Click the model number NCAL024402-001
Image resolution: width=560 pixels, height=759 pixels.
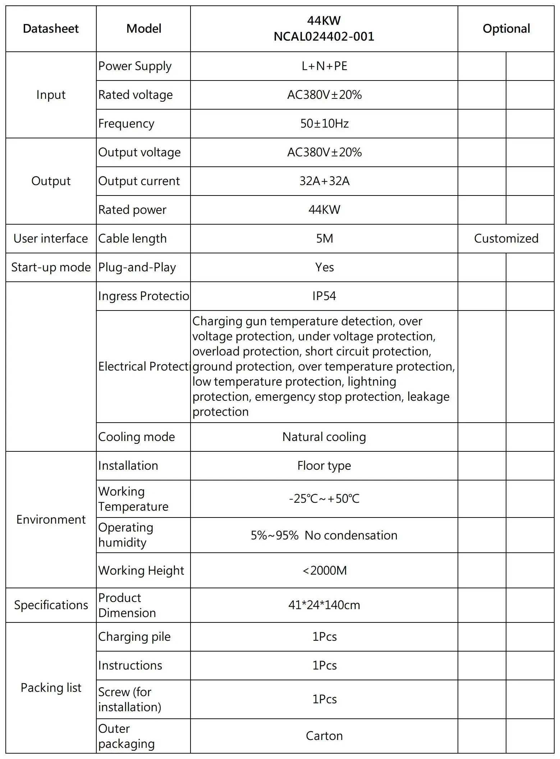pos(324,36)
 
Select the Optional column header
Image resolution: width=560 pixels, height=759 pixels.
pos(506,29)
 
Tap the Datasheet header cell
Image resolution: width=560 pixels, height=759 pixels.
pos(51,29)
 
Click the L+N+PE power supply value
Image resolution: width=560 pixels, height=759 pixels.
pos(324,66)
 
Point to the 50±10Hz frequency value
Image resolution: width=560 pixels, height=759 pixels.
pos(324,124)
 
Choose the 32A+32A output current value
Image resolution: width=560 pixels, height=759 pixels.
pos(324,181)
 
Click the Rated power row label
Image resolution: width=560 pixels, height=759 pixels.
pos(132,210)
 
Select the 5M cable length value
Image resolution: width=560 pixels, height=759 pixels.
pos(324,239)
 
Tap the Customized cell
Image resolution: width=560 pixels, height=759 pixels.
pos(506,239)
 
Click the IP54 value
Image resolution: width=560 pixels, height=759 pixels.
pos(324,296)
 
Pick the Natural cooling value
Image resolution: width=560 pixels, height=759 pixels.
pos(324,437)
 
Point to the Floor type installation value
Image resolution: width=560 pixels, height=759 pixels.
pos(324,466)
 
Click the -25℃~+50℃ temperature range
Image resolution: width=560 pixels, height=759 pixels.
pos(324,499)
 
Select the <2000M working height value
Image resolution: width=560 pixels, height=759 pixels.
pos(324,571)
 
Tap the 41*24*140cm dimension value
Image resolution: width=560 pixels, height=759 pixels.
pos(324,605)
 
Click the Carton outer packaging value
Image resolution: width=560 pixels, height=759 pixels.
pos(324,736)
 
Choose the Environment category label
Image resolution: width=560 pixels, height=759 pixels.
pos(51,520)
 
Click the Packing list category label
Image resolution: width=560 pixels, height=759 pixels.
pos(51,688)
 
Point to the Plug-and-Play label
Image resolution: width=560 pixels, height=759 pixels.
pos(137,267)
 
